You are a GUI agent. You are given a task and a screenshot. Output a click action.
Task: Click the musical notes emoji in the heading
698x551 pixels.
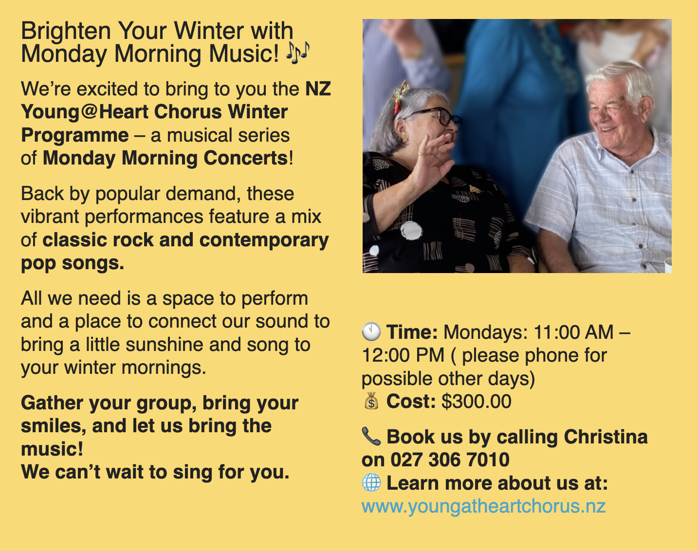coord(298,53)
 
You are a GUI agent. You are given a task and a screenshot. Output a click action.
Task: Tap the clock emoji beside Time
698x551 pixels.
coord(371,332)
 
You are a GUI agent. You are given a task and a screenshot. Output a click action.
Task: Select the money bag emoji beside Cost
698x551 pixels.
coord(371,401)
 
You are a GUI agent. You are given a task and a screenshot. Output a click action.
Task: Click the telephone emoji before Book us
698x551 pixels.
coord(371,436)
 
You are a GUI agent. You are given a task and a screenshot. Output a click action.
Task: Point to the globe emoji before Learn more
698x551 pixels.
coord(371,482)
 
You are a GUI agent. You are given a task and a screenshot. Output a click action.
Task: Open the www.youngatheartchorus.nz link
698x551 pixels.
coord(484,506)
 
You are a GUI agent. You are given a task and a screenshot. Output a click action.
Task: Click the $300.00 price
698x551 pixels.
coord(477,401)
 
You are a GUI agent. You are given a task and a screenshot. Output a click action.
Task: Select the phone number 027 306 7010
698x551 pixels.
coord(450,459)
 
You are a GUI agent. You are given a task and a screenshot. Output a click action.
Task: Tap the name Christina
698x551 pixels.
coord(606,437)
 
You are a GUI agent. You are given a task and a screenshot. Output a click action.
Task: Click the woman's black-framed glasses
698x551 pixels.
coord(431,116)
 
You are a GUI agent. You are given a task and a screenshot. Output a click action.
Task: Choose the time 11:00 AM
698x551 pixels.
coord(573,332)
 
